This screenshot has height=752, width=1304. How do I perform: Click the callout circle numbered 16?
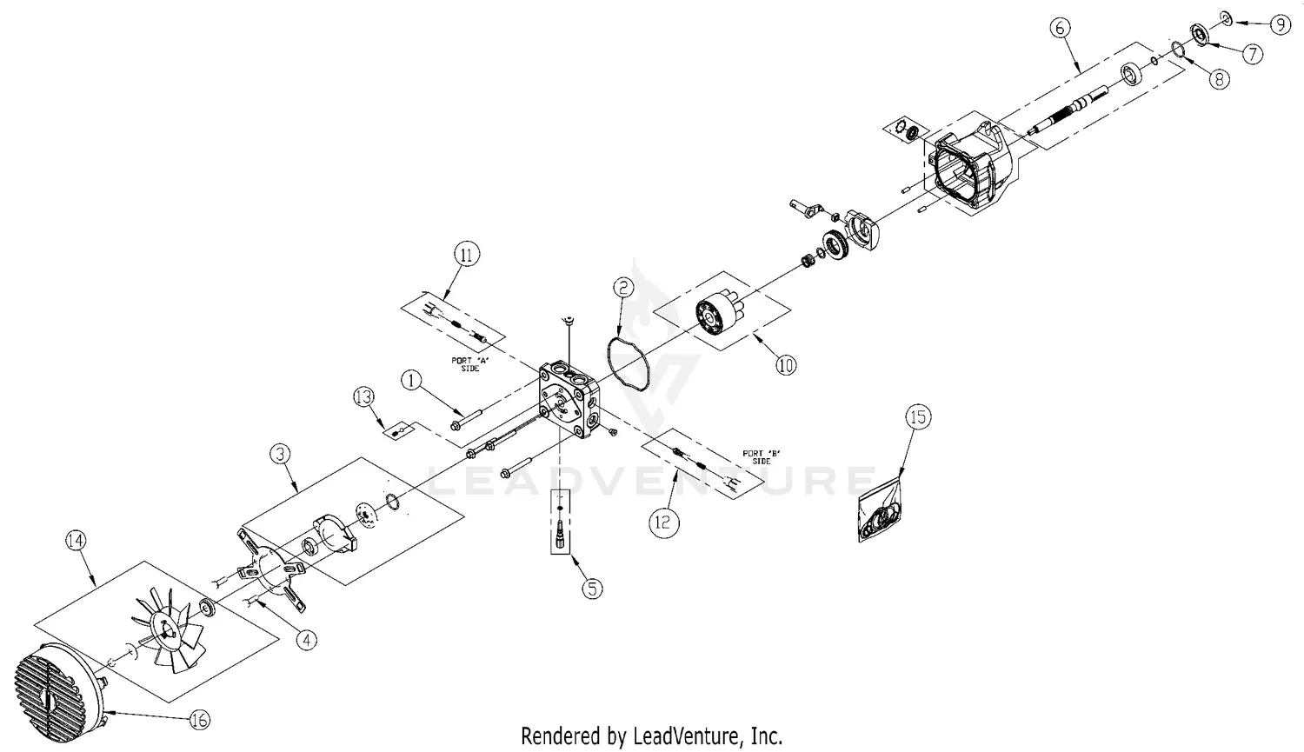(x=198, y=720)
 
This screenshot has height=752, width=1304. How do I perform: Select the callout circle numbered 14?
(x=77, y=541)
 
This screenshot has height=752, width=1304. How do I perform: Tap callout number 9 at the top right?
(x=1281, y=25)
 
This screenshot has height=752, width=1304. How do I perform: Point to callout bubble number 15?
(x=918, y=417)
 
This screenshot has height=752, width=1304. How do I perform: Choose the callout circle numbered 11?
(x=467, y=256)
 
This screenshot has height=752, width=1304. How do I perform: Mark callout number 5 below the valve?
(x=591, y=589)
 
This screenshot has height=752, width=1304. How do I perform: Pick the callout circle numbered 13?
(x=364, y=397)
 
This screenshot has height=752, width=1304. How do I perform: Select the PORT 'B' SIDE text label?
(x=756, y=456)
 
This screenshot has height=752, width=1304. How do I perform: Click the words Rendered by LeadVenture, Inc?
(x=651, y=735)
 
